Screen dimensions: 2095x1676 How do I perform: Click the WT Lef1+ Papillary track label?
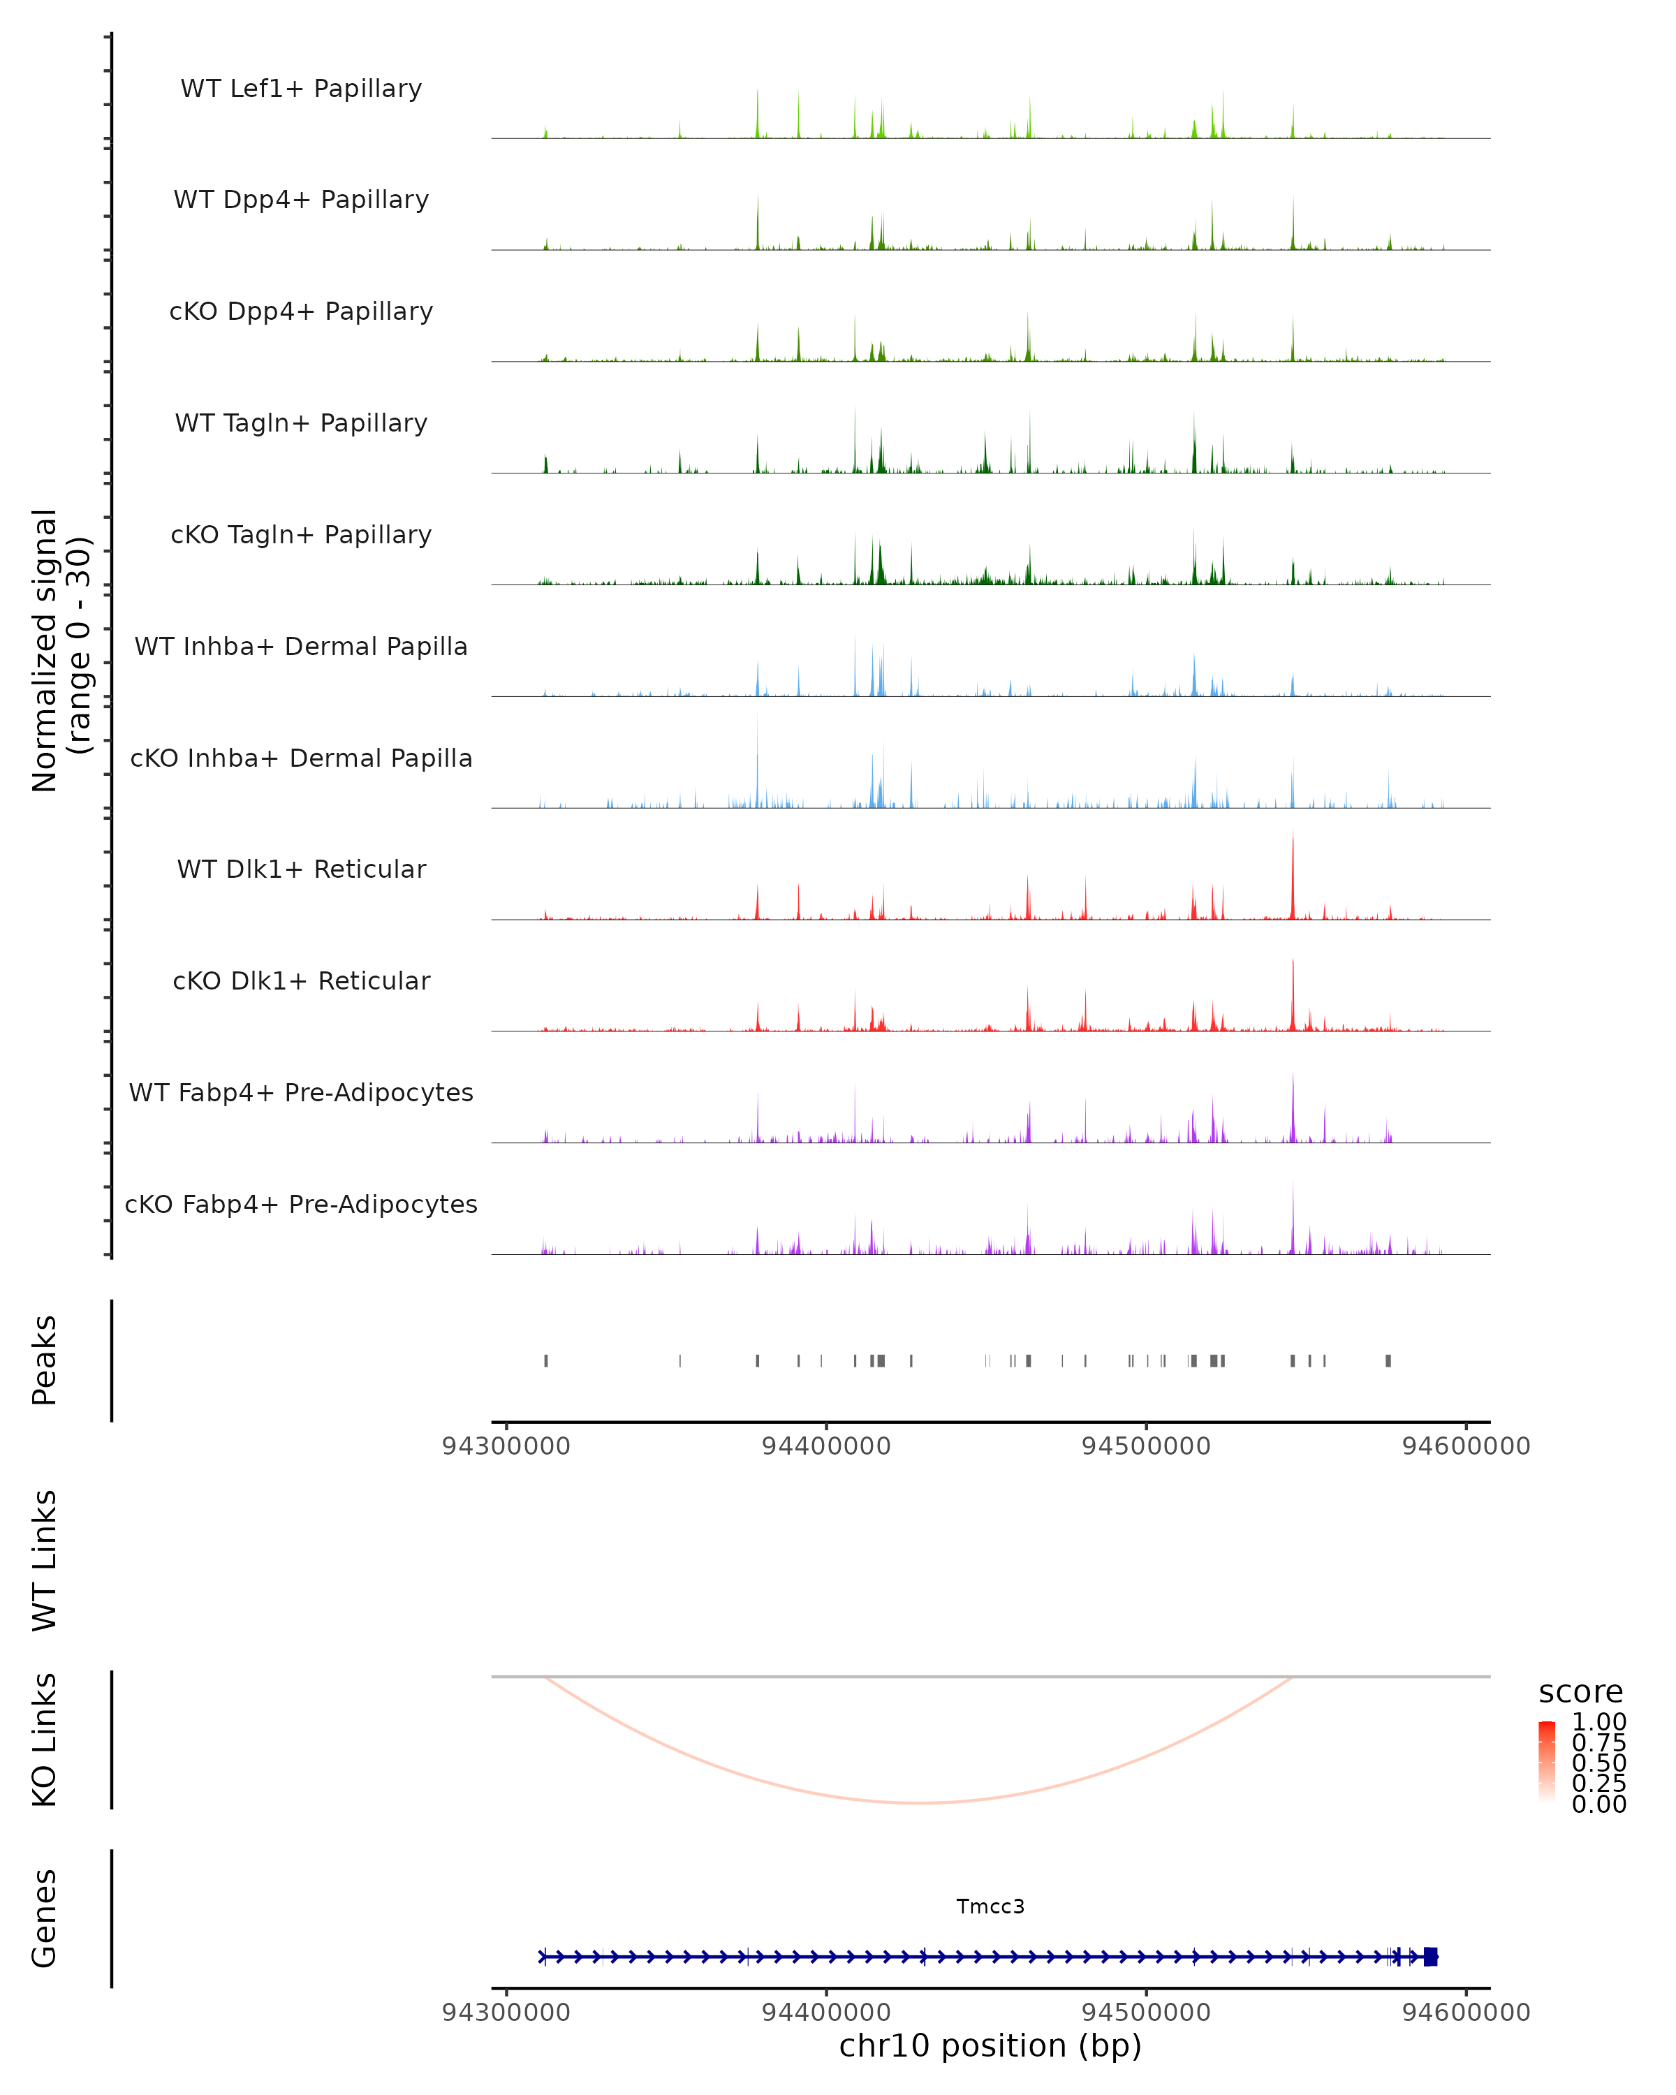coord(301,89)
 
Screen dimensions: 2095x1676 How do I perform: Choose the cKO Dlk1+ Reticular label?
coord(301,980)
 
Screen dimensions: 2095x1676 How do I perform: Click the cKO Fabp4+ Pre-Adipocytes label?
coord(301,1204)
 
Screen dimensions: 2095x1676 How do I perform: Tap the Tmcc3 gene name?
coord(990,1906)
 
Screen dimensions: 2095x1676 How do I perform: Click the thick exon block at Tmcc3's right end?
coord(1430,1957)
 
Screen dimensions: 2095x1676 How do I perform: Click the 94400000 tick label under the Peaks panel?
coord(826,1446)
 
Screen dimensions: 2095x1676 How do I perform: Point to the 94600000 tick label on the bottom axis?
coord(1466,2011)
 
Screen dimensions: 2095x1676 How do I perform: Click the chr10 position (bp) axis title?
coord(990,2045)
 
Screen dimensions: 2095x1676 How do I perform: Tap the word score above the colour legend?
coord(1581,1692)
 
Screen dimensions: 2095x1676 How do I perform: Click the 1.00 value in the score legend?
coord(1599,1722)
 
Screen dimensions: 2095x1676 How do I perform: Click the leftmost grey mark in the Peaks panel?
coord(546,1360)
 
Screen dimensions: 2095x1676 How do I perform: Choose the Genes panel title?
coord(45,1918)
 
